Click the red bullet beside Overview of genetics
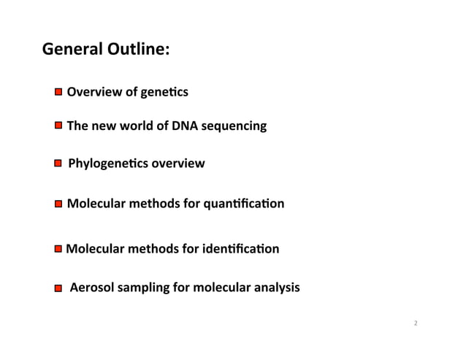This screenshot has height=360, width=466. (x=58, y=93)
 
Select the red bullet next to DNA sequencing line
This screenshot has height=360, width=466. (x=58, y=126)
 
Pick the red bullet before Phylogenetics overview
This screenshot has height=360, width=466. (x=58, y=164)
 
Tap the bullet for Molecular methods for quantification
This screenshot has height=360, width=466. (x=58, y=204)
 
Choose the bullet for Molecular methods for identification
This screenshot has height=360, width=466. (x=58, y=250)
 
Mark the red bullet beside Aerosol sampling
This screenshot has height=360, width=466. (x=58, y=289)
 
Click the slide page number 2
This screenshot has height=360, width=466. (x=416, y=323)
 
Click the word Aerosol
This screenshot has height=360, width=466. (x=92, y=288)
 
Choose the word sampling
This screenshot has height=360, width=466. (x=143, y=289)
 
